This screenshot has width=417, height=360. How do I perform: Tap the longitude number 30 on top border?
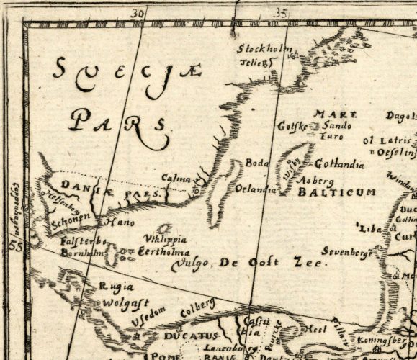click(138, 12)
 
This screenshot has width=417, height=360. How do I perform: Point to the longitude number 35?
click(281, 12)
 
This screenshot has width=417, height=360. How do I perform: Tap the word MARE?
click(328, 114)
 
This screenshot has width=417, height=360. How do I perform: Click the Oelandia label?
click(256, 189)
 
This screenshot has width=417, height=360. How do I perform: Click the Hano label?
click(120, 222)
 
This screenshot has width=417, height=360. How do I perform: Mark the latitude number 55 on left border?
click(14, 246)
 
